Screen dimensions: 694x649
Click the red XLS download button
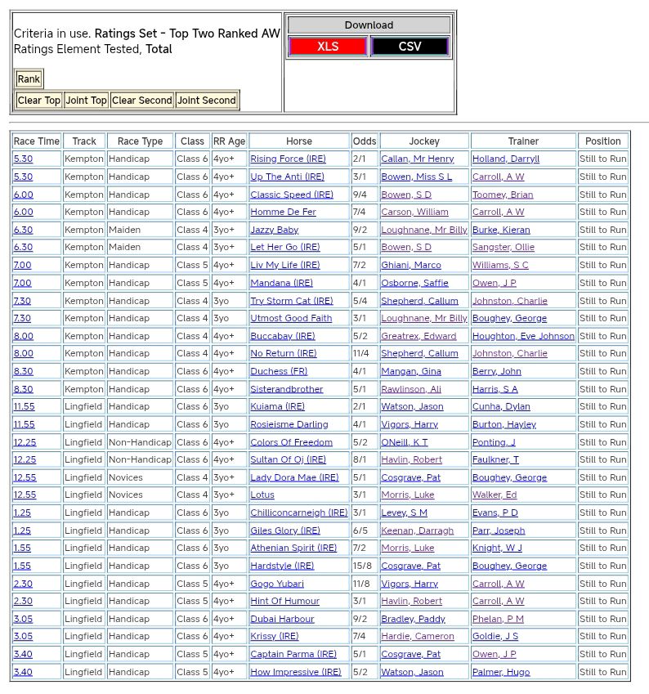pyautogui.click(x=328, y=47)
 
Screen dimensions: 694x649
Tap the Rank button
pyautogui.click(x=29, y=79)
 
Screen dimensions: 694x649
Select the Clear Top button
pyautogui.click(x=39, y=101)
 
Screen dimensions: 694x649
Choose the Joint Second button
pyautogui.click(x=207, y=101)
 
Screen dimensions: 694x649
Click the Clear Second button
pyautogui.click(x=142, y=101)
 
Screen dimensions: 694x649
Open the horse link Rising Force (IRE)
pyautogui.click(x=288, y=159)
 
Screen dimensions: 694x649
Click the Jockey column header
pyautogui.click(x=423, y=141)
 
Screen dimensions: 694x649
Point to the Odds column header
pyautogui.click(x=365, y=141)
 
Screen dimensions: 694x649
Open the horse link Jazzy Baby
pyautogui.click(x=275, y=230)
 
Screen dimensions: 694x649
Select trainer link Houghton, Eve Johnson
pyautogui.click(x=523, y=336)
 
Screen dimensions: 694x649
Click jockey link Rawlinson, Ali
pyautogui.click(x=411, y=389)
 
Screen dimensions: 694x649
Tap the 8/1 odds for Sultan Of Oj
pyautogui.click(x=360, y=459)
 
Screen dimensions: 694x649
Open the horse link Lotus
pyautogui.click(x=262, y=495)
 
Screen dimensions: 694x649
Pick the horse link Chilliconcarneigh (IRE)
pyautogui.click(x=299, y=513)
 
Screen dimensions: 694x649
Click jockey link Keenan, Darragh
pyautogui.click(x=417, y=531)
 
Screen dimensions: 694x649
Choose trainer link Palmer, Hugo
pyautogui.click(x=501, y=672)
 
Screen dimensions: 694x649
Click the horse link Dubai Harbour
pyautogui.click(x=282, y=619)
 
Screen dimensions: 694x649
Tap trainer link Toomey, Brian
pyautogui.click(x=503, y=195)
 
